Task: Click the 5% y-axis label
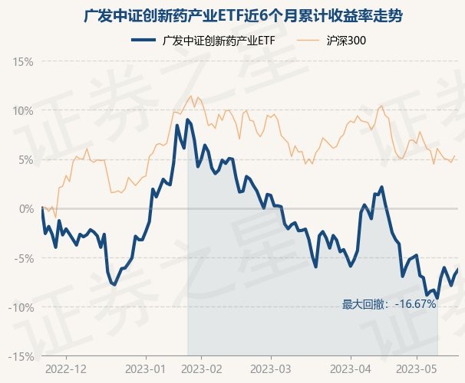tap(26, 159)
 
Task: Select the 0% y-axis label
tap(26, 208)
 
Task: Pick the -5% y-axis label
tap(25, 258)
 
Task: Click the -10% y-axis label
tap(22, 307)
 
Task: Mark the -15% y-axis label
tap(22, 356)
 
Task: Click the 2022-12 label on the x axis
tap(66, 368)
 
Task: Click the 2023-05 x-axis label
tap(417, 368)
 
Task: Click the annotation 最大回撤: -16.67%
tap(389, 304)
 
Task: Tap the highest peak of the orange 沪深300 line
tap(191, 95)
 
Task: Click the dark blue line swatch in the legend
tap(143, 41)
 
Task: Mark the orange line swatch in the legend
tap(307, 41)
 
